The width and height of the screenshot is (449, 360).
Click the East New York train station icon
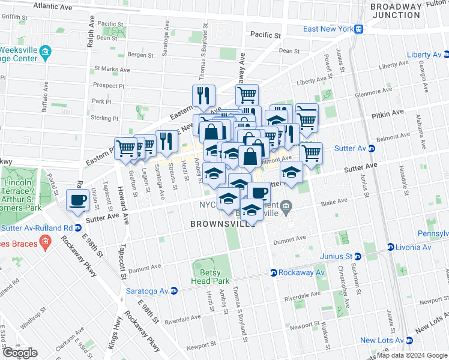point(358,29)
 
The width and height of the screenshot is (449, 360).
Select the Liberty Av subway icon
point(445,55)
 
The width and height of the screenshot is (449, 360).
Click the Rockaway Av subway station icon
point(273,272)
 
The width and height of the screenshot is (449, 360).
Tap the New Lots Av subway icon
point(409,340)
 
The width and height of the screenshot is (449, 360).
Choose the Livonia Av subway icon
point(390,247)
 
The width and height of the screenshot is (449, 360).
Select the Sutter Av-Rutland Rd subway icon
point(78,228)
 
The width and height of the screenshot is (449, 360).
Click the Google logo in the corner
point(20,353)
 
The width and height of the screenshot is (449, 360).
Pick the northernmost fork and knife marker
point(203,95)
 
